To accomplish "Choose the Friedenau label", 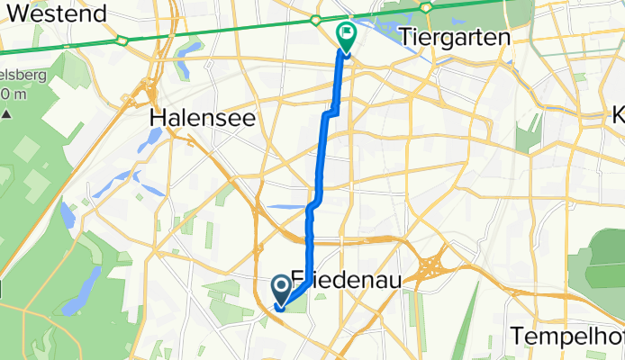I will point(357,281).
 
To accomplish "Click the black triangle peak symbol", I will point(7,113).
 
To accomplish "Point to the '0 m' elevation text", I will point(12,94).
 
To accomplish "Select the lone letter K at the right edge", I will point(618,115).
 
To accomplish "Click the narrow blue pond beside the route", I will point(286,206).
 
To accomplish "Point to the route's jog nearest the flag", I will point(333,110).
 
